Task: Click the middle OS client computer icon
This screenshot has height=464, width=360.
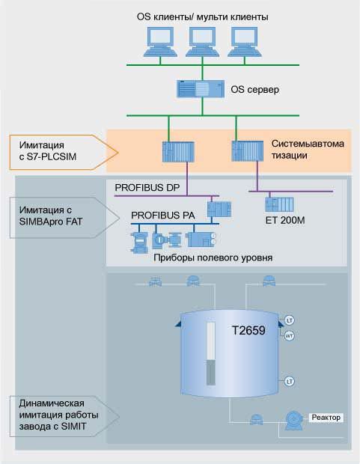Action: click(203, 42)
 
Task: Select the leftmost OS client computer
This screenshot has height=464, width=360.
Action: click(160, 42)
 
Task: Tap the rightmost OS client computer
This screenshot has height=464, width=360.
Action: click(245, 42)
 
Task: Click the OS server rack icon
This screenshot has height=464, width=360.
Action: click(201, 89)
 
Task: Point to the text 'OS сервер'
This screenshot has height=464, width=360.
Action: click(255, 89)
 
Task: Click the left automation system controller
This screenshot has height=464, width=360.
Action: click(178, 152)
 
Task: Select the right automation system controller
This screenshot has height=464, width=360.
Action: click(248, 151)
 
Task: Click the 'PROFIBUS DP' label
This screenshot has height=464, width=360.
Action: click(147, 188)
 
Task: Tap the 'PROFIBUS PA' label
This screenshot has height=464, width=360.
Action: click(163, 215)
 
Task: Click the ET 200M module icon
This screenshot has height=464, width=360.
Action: click(279, 204)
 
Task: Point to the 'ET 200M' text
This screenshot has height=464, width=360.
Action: click(285, 220)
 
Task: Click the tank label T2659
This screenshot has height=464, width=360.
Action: click(248, 331)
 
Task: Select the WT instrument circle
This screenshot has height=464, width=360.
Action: click(289, 336)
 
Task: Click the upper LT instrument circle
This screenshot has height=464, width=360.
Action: click(290, 320)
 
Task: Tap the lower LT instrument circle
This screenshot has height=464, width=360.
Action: click(290, 382)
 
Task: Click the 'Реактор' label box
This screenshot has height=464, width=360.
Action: click(326, 418)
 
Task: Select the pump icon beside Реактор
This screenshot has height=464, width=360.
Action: click(294, 420)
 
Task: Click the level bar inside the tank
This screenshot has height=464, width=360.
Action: click(211, 354)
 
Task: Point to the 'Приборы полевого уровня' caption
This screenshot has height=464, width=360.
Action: click(213, 257)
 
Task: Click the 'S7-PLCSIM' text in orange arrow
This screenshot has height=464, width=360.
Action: click(52, 156)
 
